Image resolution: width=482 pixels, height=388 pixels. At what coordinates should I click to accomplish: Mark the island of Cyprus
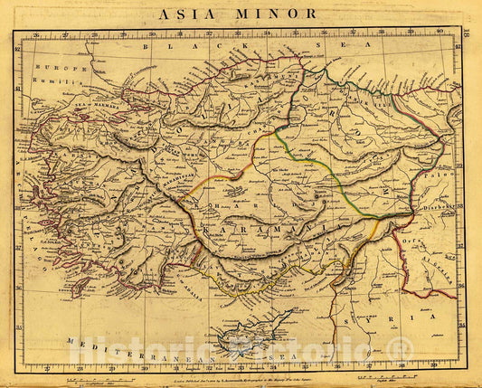(x=254, y=320)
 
